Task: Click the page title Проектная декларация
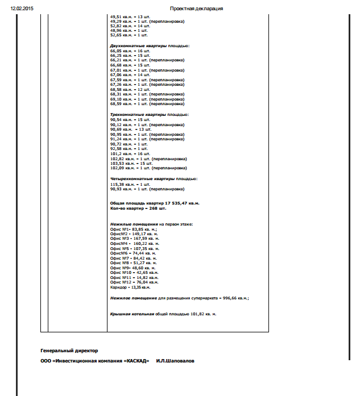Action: (196, 9)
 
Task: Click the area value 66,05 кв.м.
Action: (119, 51)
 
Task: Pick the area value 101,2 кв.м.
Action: (119, 153)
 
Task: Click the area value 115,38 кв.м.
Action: (121, 185)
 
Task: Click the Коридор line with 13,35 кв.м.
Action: (130, 287)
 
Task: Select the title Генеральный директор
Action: (69, 351)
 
